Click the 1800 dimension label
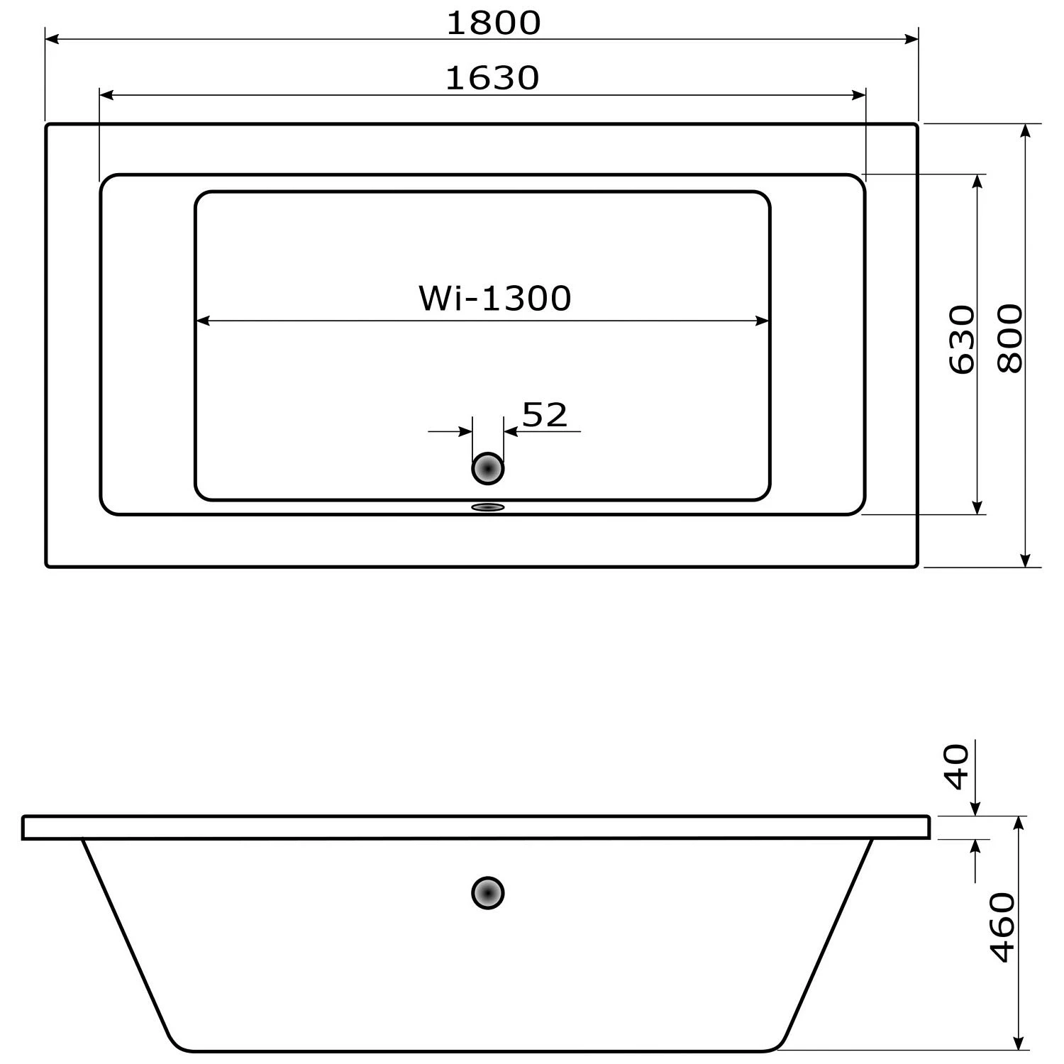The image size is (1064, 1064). (x=493, y=23)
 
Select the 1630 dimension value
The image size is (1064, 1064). (x=492, y=78)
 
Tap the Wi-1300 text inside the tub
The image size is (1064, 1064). (x=494, y=298)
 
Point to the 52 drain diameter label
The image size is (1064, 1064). (x=545, y=415)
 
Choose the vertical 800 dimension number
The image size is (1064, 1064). (x=1010, y=338)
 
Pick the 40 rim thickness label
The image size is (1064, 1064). (x=958, y=766)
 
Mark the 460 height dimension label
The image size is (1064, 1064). (x=1002, y=927)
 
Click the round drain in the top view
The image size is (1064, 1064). (x=488, y=469)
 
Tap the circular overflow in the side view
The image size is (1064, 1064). (x=488, y=892)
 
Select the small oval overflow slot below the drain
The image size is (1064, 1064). (x=488, y=507)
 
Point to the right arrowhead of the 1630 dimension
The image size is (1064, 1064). (x=859, y=95)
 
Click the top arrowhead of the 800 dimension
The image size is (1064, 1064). (x=1025, y=131)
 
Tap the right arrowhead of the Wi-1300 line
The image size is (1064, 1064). (x=763, y=321)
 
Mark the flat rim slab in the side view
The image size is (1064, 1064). (x=475, y=827)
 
